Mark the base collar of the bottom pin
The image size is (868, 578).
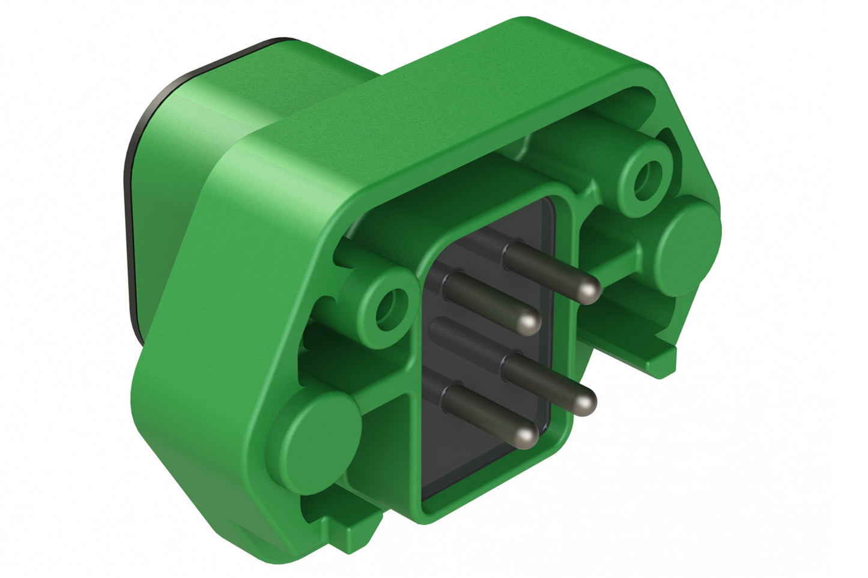(x=449, y=396)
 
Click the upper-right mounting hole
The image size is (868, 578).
(x=646, y=176)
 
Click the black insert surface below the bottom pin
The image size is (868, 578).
(x=475, y=468)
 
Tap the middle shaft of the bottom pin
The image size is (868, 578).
(x=487, y=414)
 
